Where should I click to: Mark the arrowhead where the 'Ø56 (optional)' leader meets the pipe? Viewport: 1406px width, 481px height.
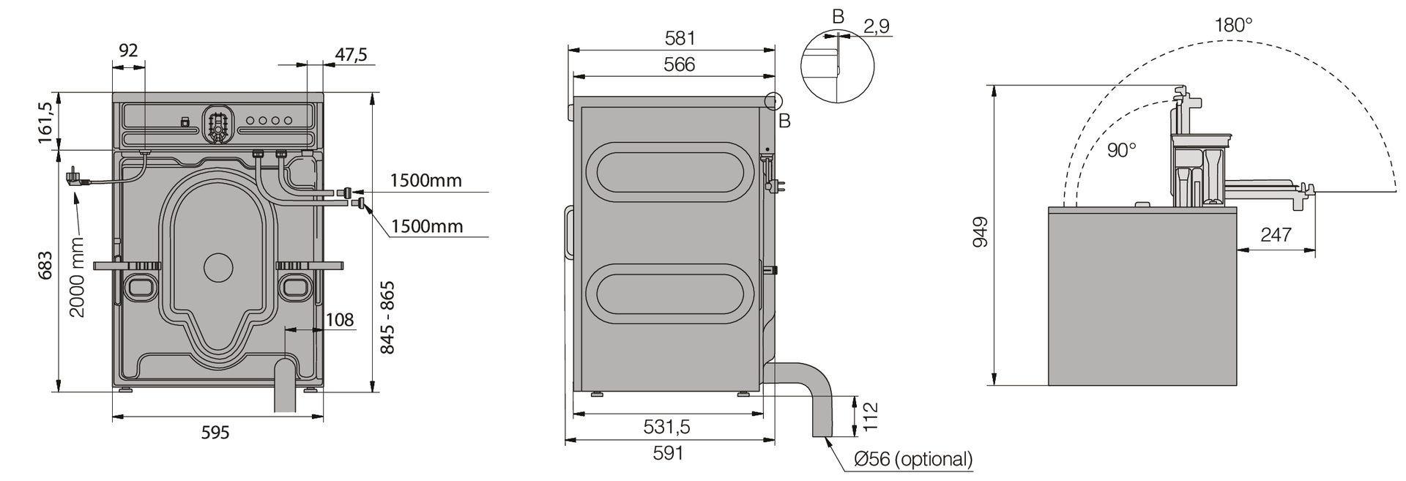coord(826,437)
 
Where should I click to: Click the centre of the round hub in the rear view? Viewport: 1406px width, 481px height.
coord(217,267)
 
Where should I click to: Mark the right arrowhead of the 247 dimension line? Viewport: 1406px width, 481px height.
coord(1314,250)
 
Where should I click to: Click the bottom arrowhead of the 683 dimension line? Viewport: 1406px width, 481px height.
coord(58,391)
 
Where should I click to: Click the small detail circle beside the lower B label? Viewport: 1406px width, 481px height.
coord(773,102)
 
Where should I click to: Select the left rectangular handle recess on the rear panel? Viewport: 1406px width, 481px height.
coord(140,286)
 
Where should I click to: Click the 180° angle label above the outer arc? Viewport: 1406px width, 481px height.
coord(1234,25)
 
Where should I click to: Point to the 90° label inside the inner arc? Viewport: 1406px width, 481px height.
coord(1121,150)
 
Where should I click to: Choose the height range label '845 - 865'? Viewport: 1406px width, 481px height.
coord(387,317)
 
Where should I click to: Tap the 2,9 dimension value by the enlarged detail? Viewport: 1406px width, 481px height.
coord(877,26)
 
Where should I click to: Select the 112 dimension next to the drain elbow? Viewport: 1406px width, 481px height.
coord(871,417)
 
